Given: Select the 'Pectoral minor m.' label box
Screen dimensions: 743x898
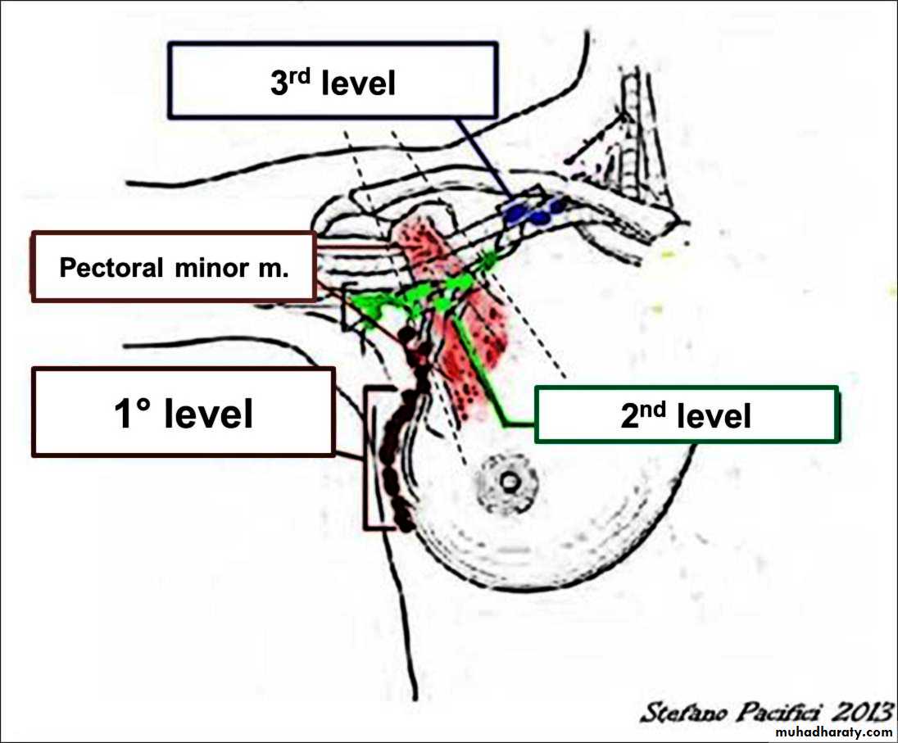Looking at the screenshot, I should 174,267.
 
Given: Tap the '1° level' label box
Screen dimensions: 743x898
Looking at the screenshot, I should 184,411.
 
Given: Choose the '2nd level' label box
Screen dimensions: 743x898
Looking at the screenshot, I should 687,415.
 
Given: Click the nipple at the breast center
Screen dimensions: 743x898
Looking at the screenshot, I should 510,482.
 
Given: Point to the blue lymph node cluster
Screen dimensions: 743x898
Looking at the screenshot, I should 533,212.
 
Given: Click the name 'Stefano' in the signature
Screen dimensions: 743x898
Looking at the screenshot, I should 675,711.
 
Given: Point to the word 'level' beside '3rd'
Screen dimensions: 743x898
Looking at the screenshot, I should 358,84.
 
